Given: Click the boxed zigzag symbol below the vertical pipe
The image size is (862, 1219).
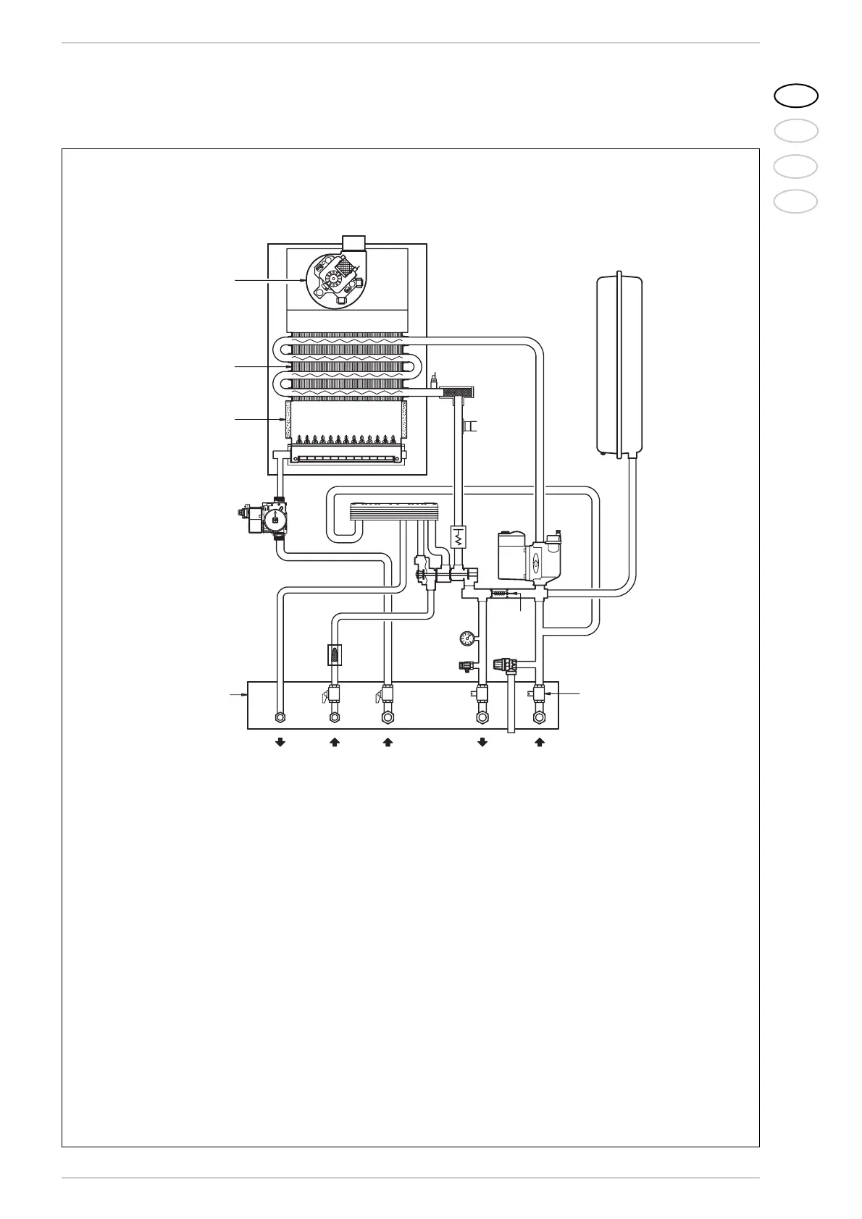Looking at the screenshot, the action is pos(459,538).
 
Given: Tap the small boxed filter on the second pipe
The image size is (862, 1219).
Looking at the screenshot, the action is pos(334,654).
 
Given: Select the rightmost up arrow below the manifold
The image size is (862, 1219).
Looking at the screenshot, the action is pos(539,742).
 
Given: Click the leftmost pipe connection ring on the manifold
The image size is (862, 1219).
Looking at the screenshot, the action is pos(280,718).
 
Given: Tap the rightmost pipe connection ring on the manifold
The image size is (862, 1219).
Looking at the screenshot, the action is pos(539,718).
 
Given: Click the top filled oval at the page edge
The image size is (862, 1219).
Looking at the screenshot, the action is pos(795,95).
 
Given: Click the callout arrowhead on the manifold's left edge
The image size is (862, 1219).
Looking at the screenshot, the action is pos(246,695).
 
